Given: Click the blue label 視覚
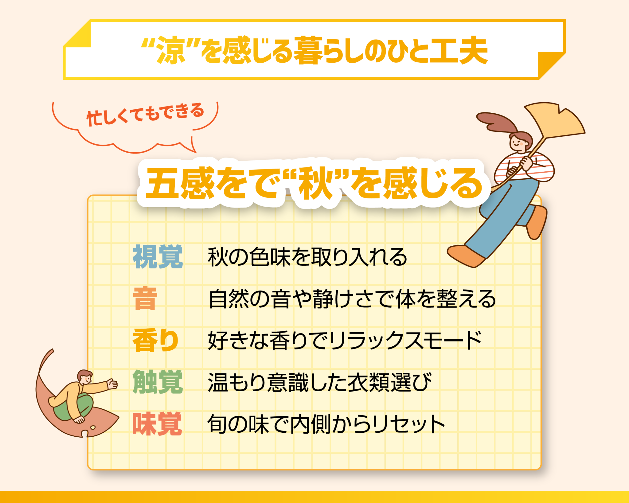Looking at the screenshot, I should point(158,257).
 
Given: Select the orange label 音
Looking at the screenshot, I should point(145,298).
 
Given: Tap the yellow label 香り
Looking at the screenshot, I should point(155,340).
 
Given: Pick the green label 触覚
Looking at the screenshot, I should point(158,382).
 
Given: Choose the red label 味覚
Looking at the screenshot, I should point(157,424).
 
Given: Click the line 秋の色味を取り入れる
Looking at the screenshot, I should point(307,257).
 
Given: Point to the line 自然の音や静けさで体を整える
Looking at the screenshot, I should point(352,299).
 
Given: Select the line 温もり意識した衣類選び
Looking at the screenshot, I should point(320,382).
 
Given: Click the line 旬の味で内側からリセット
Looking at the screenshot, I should point(326,424).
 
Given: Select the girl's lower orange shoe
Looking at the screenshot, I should point(466,255).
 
